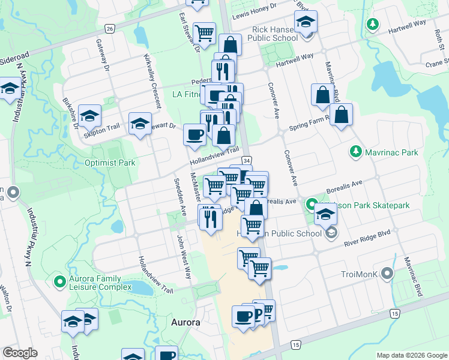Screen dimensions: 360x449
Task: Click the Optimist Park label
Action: point(110,163)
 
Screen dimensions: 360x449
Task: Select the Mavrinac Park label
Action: point(394,152)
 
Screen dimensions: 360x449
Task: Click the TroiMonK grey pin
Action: point(387,274)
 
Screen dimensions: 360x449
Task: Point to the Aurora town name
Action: point(185,322)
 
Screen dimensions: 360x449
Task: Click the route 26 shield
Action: point(109,28)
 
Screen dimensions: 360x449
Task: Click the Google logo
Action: point(20,353)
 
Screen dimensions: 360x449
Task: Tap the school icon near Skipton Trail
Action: point(89,115)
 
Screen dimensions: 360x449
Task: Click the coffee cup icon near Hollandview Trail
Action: point(194,134)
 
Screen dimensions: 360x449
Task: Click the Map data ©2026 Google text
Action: point(411,355)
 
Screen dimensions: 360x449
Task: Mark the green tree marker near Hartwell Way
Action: point(372,24)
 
